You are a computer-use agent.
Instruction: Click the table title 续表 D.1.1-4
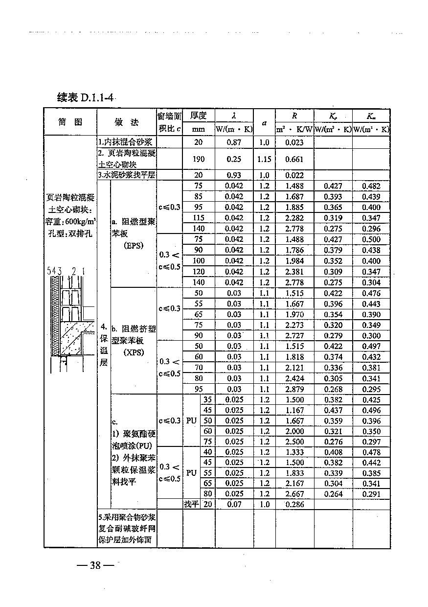tap(86, 97)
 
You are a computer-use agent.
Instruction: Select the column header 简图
tap(70, 122)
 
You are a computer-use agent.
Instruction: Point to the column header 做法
tap(126, 122)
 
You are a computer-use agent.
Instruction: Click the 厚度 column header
tap(198, 116)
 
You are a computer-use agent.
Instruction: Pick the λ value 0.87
tap(234, 142)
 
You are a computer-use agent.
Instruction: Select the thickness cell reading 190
tap(198, 159)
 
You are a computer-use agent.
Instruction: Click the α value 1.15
tap(264, 159)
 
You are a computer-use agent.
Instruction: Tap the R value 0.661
tap(294, 159)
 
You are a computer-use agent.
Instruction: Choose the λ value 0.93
tap(234, 175)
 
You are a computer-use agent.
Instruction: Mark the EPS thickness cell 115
tap(198, 218)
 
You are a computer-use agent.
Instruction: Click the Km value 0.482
tap(371, 186)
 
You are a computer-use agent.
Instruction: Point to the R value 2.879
tap(294, 389)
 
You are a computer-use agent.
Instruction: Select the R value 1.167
tap(294, 410)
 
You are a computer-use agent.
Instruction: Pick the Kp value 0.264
tap(333, 494)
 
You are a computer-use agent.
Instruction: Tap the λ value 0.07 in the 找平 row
tap(234, 504)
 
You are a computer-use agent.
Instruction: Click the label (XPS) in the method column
tap(133, 352)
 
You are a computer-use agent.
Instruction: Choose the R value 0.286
tap(294, 504)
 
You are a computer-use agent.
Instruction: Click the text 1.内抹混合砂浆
tap(125, 142)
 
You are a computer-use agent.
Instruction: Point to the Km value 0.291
tap(371, 494)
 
